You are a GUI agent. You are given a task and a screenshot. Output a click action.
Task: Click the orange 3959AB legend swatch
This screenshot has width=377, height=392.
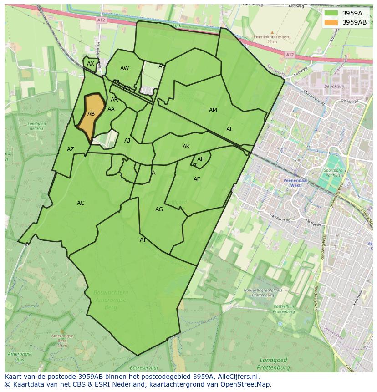[331, 22]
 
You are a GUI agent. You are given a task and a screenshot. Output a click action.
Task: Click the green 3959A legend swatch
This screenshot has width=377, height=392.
[331, 13]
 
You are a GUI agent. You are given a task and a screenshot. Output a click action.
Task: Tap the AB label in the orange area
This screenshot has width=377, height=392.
[91, 114]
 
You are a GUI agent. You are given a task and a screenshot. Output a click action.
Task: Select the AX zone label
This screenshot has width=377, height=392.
[91, 64]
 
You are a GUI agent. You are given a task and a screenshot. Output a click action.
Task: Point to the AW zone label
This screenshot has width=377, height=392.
[124, 68]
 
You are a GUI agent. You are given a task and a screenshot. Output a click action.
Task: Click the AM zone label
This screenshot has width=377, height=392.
[213, 110]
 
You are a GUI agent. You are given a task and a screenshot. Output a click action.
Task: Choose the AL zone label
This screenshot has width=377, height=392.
[229, 129]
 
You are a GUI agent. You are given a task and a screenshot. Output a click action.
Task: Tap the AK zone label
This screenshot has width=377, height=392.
[186, 147]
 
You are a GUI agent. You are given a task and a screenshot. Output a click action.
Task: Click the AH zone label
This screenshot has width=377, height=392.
[201, 159]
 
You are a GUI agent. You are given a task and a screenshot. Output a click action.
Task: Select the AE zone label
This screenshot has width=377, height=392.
[197, 179]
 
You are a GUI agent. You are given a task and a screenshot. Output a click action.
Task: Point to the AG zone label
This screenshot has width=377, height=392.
[159, 209]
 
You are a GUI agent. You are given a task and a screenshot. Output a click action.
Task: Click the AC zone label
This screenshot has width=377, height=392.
[81, 203]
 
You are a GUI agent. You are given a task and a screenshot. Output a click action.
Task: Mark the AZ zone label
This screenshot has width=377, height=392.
[71, 149]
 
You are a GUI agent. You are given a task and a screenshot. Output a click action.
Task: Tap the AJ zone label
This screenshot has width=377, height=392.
[127, 141]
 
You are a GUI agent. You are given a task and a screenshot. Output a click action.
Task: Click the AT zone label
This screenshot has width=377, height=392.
[143, 240]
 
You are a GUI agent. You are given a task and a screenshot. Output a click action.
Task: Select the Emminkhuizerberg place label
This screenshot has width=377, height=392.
[272, 37]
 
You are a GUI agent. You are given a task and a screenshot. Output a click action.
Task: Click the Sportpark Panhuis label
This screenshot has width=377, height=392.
[333, 173]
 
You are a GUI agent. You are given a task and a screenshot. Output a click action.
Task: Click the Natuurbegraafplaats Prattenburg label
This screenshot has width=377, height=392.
[263, 292]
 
